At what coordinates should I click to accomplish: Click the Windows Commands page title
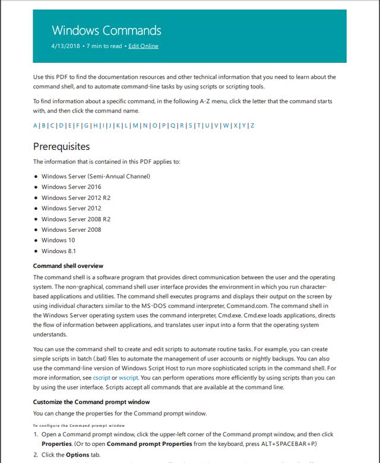click(106, 30)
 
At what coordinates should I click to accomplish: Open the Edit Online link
click(143, 46)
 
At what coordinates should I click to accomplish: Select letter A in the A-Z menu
click(35, 126)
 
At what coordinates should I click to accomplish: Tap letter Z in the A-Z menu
click(252, 126)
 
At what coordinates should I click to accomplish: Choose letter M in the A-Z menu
click(135, 126)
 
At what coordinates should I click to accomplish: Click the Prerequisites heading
click(61, 146)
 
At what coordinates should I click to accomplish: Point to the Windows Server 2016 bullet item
click(71, 187)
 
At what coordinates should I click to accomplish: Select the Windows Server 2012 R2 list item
click(76, 197)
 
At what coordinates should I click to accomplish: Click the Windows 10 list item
click(58, 240)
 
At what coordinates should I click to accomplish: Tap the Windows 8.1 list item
click(58, 251)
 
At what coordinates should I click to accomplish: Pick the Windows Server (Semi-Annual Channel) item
click(96, 176)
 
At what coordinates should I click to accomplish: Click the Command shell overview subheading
click(68, 266)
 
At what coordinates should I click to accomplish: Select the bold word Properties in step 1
click(56, 443)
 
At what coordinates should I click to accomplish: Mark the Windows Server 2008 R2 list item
click(76, 219)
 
